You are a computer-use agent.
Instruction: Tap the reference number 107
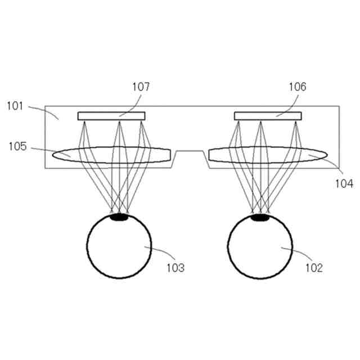point(141,87)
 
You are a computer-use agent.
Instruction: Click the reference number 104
point(342,183)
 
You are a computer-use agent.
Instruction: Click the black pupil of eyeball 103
point(119,216)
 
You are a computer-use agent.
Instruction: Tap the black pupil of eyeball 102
point(259,216)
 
